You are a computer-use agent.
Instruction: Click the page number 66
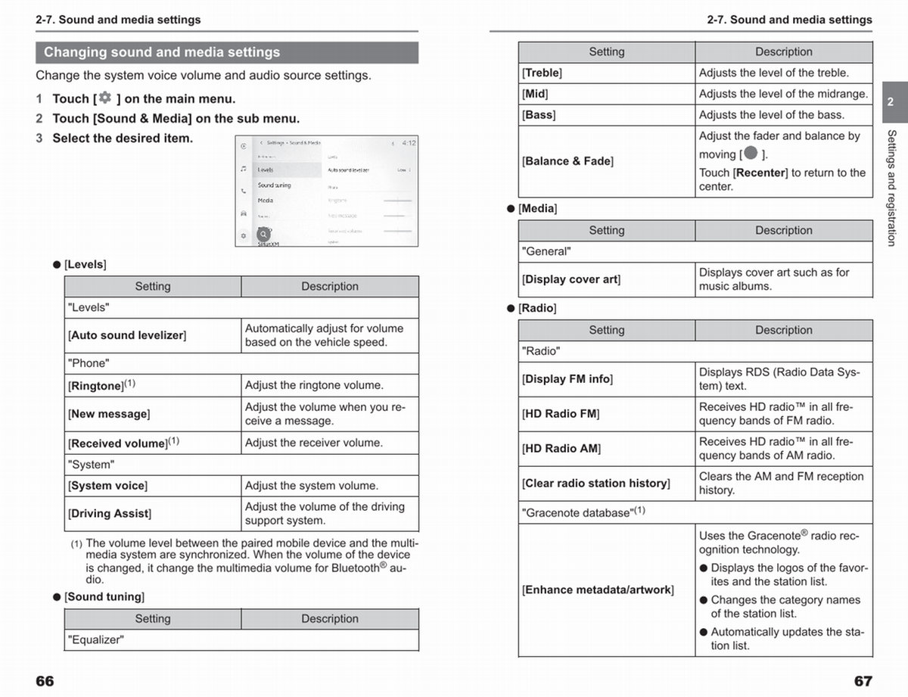[x=45, y=681]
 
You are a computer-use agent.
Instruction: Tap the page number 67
[x=863, y=681]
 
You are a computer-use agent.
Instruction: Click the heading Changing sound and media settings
[x=162, y=52]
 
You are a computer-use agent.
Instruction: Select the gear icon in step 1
[x=104, y=98]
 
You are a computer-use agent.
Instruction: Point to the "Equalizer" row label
[x=96, y=640]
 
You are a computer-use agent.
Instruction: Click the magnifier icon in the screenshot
[x=263, y=235]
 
